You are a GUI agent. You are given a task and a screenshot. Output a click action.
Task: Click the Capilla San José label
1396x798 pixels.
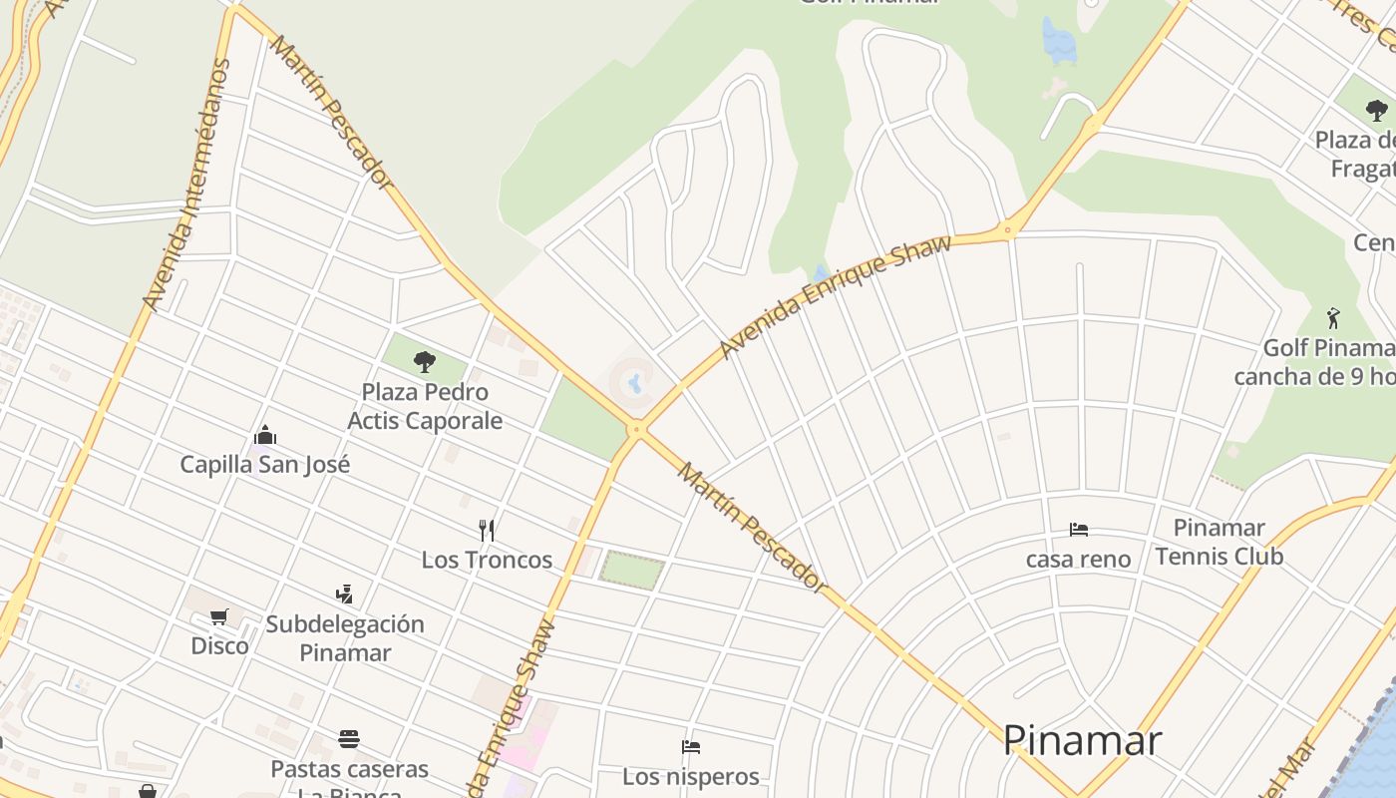(265, 465)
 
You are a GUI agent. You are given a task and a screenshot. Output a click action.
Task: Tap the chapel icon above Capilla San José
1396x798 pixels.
(265, 436)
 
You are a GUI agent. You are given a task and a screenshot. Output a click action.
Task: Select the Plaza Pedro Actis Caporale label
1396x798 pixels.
(425, 406)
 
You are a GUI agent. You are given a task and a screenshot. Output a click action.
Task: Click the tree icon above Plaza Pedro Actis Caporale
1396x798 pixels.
(425, 361)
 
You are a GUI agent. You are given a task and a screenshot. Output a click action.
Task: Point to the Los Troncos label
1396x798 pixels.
(487, 560)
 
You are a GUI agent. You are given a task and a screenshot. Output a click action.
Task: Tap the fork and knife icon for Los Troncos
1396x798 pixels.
(487, 530)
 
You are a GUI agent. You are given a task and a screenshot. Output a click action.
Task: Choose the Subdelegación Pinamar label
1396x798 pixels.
(345, 638)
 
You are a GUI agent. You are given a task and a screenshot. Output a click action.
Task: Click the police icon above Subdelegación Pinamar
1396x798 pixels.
(345, 595)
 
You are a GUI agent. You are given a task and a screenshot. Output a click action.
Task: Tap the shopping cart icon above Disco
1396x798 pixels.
(219, 616)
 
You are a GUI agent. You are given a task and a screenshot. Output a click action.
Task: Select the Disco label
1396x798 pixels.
(219, 646)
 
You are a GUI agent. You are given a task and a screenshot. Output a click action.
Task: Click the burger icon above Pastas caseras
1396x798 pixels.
(348, 739)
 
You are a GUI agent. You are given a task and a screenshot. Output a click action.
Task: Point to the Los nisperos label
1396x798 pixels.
(691, 776)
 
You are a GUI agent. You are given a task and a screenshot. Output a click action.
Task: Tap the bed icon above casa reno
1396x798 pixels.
(1078, 529)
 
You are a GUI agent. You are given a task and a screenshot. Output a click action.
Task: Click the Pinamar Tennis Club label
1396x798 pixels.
(1219, 542)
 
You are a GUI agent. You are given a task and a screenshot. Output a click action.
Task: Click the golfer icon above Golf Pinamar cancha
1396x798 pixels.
(1334, 318)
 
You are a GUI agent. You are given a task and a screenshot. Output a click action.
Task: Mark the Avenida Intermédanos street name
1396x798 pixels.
(186, 185)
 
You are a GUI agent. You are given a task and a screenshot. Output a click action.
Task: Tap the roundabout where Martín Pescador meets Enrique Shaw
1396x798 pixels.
(636, 431)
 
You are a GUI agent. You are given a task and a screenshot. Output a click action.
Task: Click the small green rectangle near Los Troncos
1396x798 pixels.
(631, 571)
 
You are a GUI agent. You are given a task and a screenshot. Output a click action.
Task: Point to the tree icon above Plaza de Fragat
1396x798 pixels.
(1376, 110)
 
